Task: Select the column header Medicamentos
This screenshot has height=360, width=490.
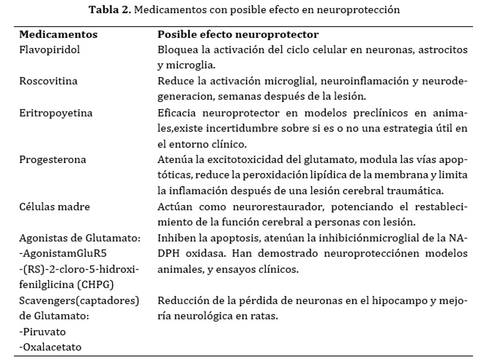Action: pos(58,35)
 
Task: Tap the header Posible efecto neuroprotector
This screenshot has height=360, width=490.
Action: pos(238,35)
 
